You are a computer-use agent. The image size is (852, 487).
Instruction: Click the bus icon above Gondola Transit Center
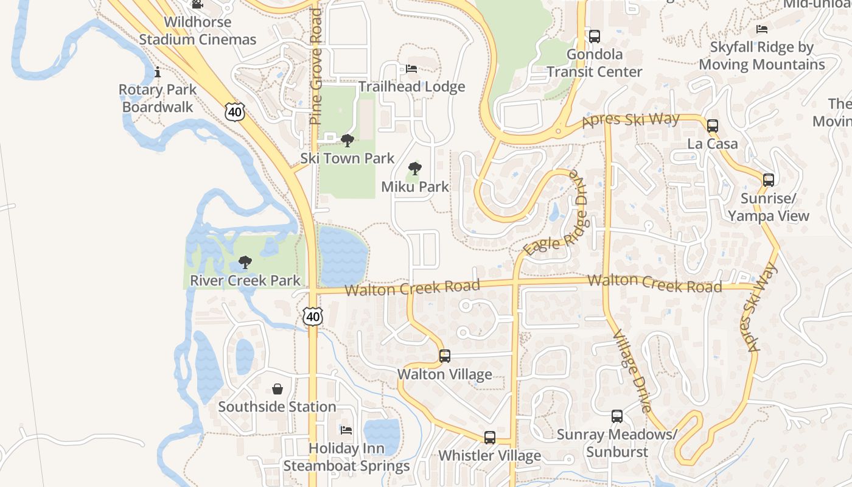coord(594,37)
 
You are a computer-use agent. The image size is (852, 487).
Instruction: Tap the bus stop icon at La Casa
coord(712,126)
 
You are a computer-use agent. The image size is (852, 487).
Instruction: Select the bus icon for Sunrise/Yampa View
coord(769,180)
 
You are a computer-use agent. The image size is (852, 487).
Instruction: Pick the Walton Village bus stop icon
coord(445,356)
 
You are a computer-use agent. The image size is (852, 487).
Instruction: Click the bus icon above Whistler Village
coord(489,438)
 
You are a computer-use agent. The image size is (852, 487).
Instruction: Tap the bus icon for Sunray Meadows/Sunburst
coord(617,416)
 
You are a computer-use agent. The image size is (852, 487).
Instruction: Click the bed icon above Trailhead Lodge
coord(411,69)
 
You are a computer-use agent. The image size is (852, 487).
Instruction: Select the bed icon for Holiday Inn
coord(346,430)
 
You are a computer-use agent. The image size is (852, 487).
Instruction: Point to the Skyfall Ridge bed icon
coord(761,29)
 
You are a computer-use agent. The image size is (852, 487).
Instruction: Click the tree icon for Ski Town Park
coord(347,141)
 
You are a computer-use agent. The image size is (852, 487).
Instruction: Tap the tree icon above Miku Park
coord(415,169)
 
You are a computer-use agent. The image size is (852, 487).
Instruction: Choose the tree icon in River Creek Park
coord(245,262)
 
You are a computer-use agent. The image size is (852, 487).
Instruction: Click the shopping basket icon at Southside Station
coord(278,389)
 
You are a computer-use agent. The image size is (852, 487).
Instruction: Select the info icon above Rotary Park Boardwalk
coord(158,72)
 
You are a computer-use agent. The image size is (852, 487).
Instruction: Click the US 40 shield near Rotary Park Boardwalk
coord(234,111)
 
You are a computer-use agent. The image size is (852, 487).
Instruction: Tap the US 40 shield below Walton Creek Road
coord(313,316)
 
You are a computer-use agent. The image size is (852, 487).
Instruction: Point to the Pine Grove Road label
coord(315,67)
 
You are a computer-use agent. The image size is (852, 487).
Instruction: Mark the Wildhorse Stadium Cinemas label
coord(198,31)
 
